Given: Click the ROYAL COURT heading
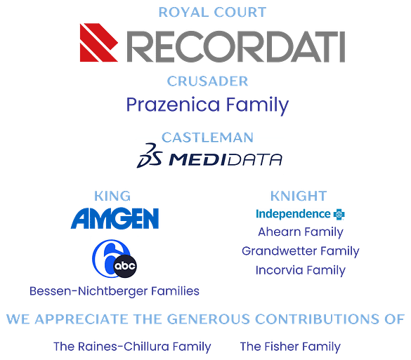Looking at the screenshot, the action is pyautogui.click(x=212, y=13).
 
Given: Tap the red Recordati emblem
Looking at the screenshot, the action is pyautogui.click(x=99, y=42).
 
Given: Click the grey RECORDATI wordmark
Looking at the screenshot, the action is pyautogui.click(x=236, y=46).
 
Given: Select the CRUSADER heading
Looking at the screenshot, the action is pyautogui.click(x=207, y=81).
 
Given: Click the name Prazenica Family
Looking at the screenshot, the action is pyautogui.click(x=207, y=105).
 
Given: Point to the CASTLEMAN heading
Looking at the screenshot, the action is pyautogui.click(x=207, y=138).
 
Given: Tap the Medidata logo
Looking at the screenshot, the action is pyautogui.click(x=209, y=156).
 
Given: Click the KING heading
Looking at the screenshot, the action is pyautogui.click(x=112, y=196).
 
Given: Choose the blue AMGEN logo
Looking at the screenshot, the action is pyautogui.click(x=115, y=218).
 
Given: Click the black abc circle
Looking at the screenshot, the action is pyautogui.click(x=125, y=266).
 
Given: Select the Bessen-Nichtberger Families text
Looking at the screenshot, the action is pyautogui.click(x=115, y=291).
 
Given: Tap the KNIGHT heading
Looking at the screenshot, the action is pyautogui.click(x=299, y=196).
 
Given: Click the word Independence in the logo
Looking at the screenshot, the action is pyautogui.click(x=293, y=214).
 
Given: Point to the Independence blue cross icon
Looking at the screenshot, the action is pyautogui.click(x=339, y=215).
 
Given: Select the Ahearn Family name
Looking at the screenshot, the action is pyautogui.click(x=301, y=232).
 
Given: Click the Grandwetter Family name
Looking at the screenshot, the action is pyautogui.click(x=301, y=251).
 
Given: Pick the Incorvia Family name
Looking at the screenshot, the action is pyautogui.click(x=301, y=270).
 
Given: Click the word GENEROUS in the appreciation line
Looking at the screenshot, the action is pyautogui.click(x=209, y=319).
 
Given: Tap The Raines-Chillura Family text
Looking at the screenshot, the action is pyautogui.click(x=132, y=347).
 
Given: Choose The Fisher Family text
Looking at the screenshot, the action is pyautogui.click(x=290, y=347).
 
